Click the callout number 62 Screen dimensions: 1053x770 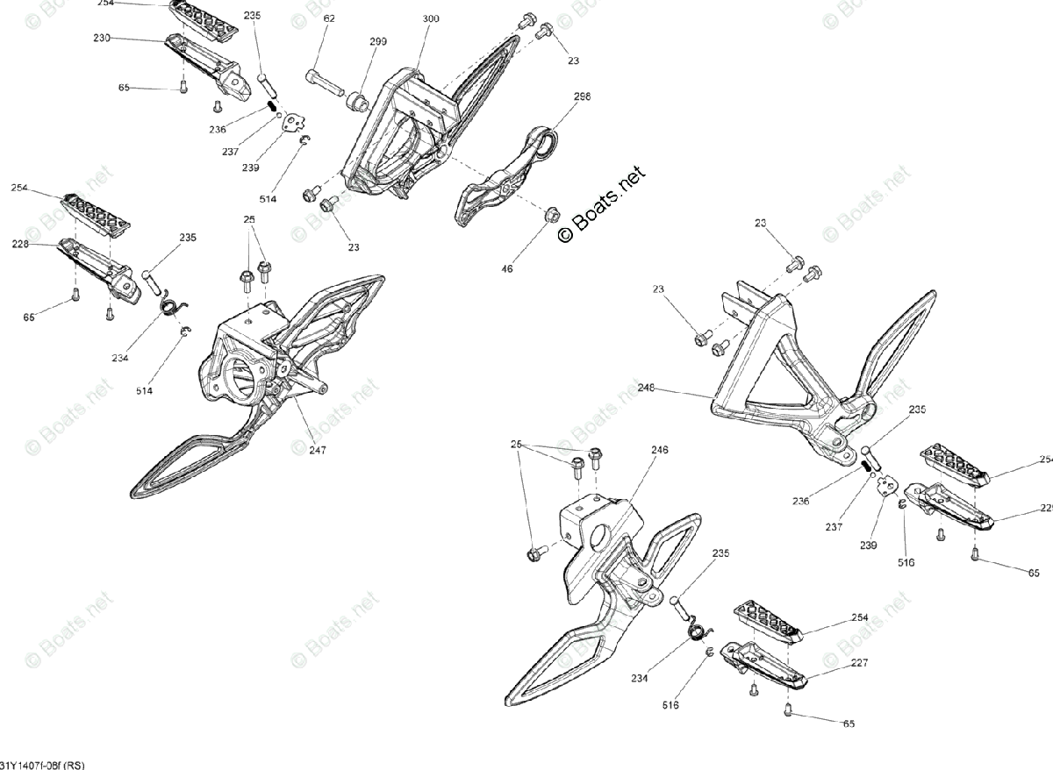[329, 18]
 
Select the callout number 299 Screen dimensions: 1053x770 [378, 41]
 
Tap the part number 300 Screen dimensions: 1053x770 [431, 18]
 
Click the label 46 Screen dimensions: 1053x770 [507, 269]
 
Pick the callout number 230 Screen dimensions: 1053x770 [102, 38]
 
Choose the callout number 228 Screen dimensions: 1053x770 [20, 245]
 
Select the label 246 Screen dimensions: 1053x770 [659, 450]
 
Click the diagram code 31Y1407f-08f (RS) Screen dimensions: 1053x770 [43, 763]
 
